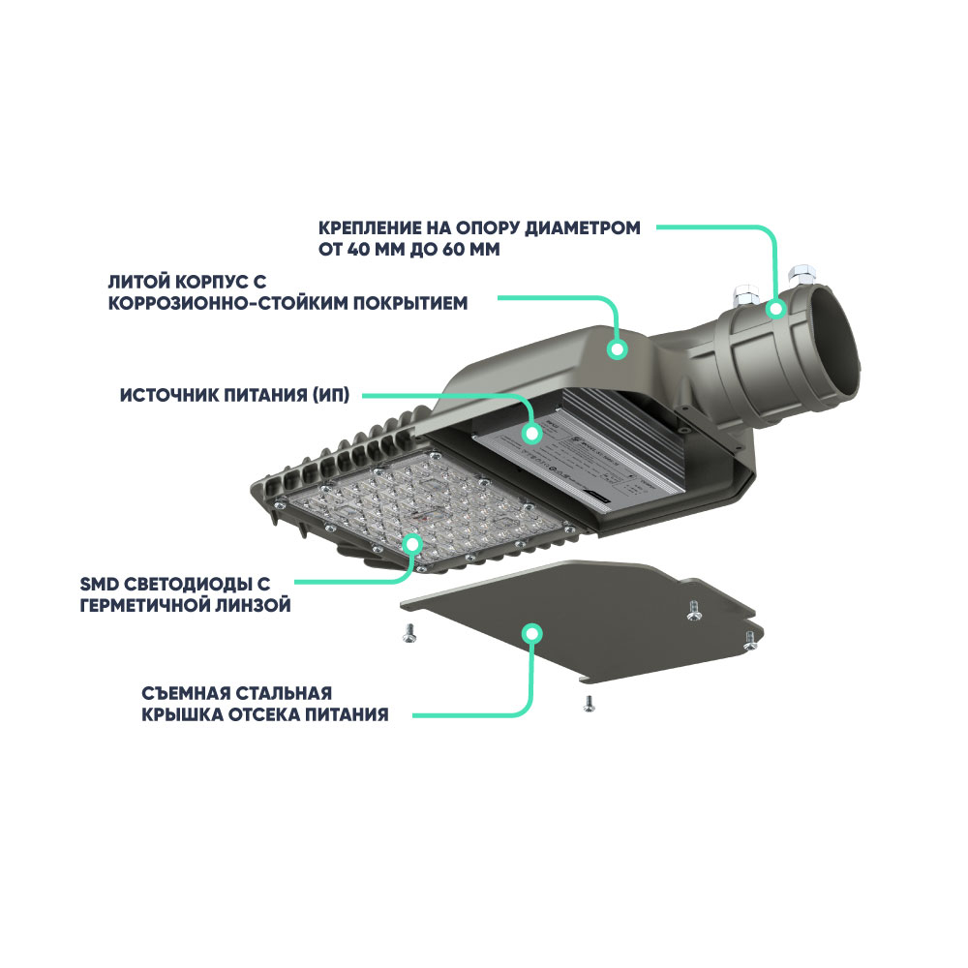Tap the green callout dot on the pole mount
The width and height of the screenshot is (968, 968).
pos(775,309)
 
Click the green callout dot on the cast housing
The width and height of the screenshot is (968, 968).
pos(617,348)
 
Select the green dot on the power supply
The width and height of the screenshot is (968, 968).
pos(530,432)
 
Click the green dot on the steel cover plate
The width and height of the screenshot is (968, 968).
pos(530,633)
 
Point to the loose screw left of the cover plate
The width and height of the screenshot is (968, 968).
pos(408,631)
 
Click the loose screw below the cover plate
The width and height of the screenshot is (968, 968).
pos(586,703)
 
